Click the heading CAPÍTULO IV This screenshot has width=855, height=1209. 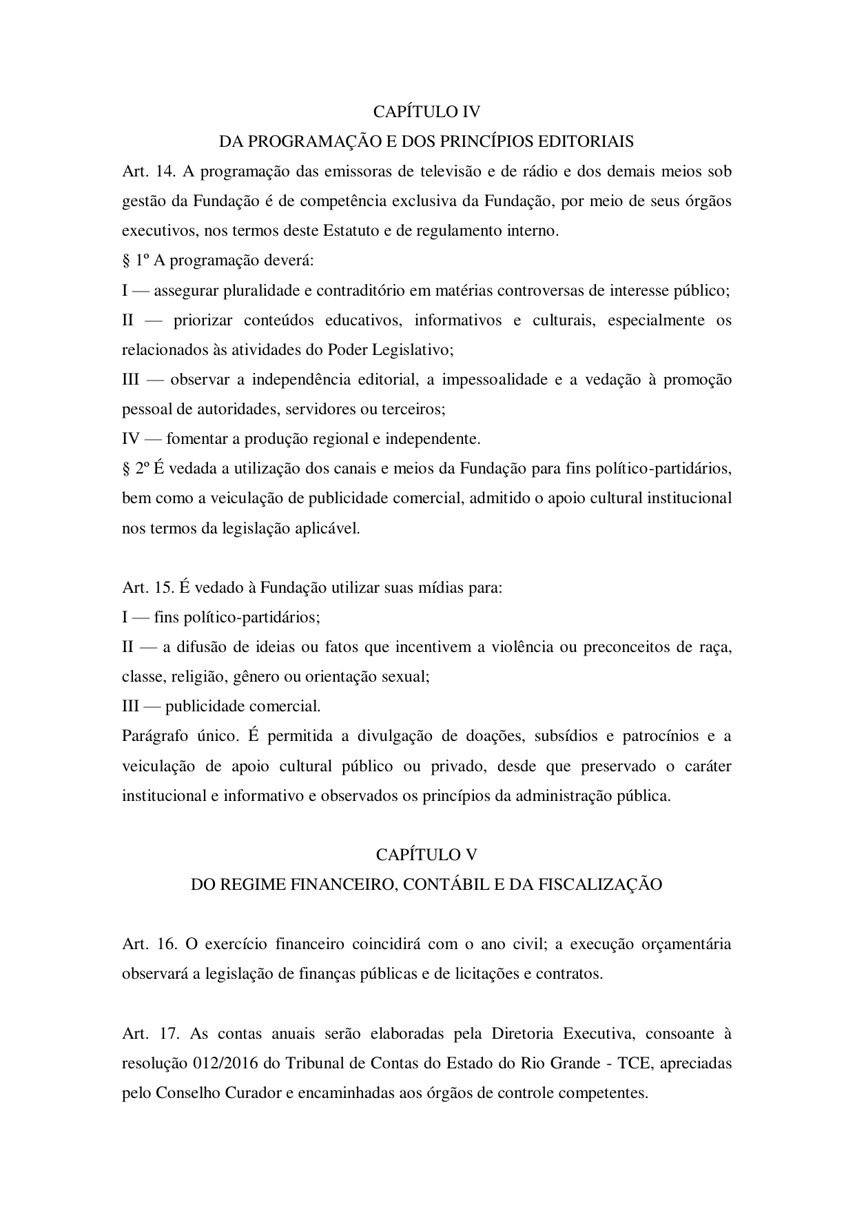tap(426, 112)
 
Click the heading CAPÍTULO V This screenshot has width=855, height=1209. tap(426, 855)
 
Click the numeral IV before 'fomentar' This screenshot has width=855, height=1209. tap(131, 439)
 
